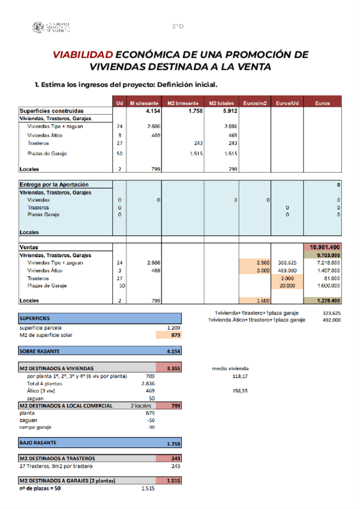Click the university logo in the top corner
[x=52, y=27]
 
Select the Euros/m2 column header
[x=255, y=103]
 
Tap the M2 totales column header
[x=221, y=103]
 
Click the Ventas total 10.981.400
[x=325, y=247]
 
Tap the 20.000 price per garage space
[x=287, y=286]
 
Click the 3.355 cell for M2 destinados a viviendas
[x=173, y=368]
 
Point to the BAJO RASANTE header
[x=38, y=443]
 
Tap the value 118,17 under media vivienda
[x=240, y=376]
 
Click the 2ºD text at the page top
[x=178, y=26]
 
